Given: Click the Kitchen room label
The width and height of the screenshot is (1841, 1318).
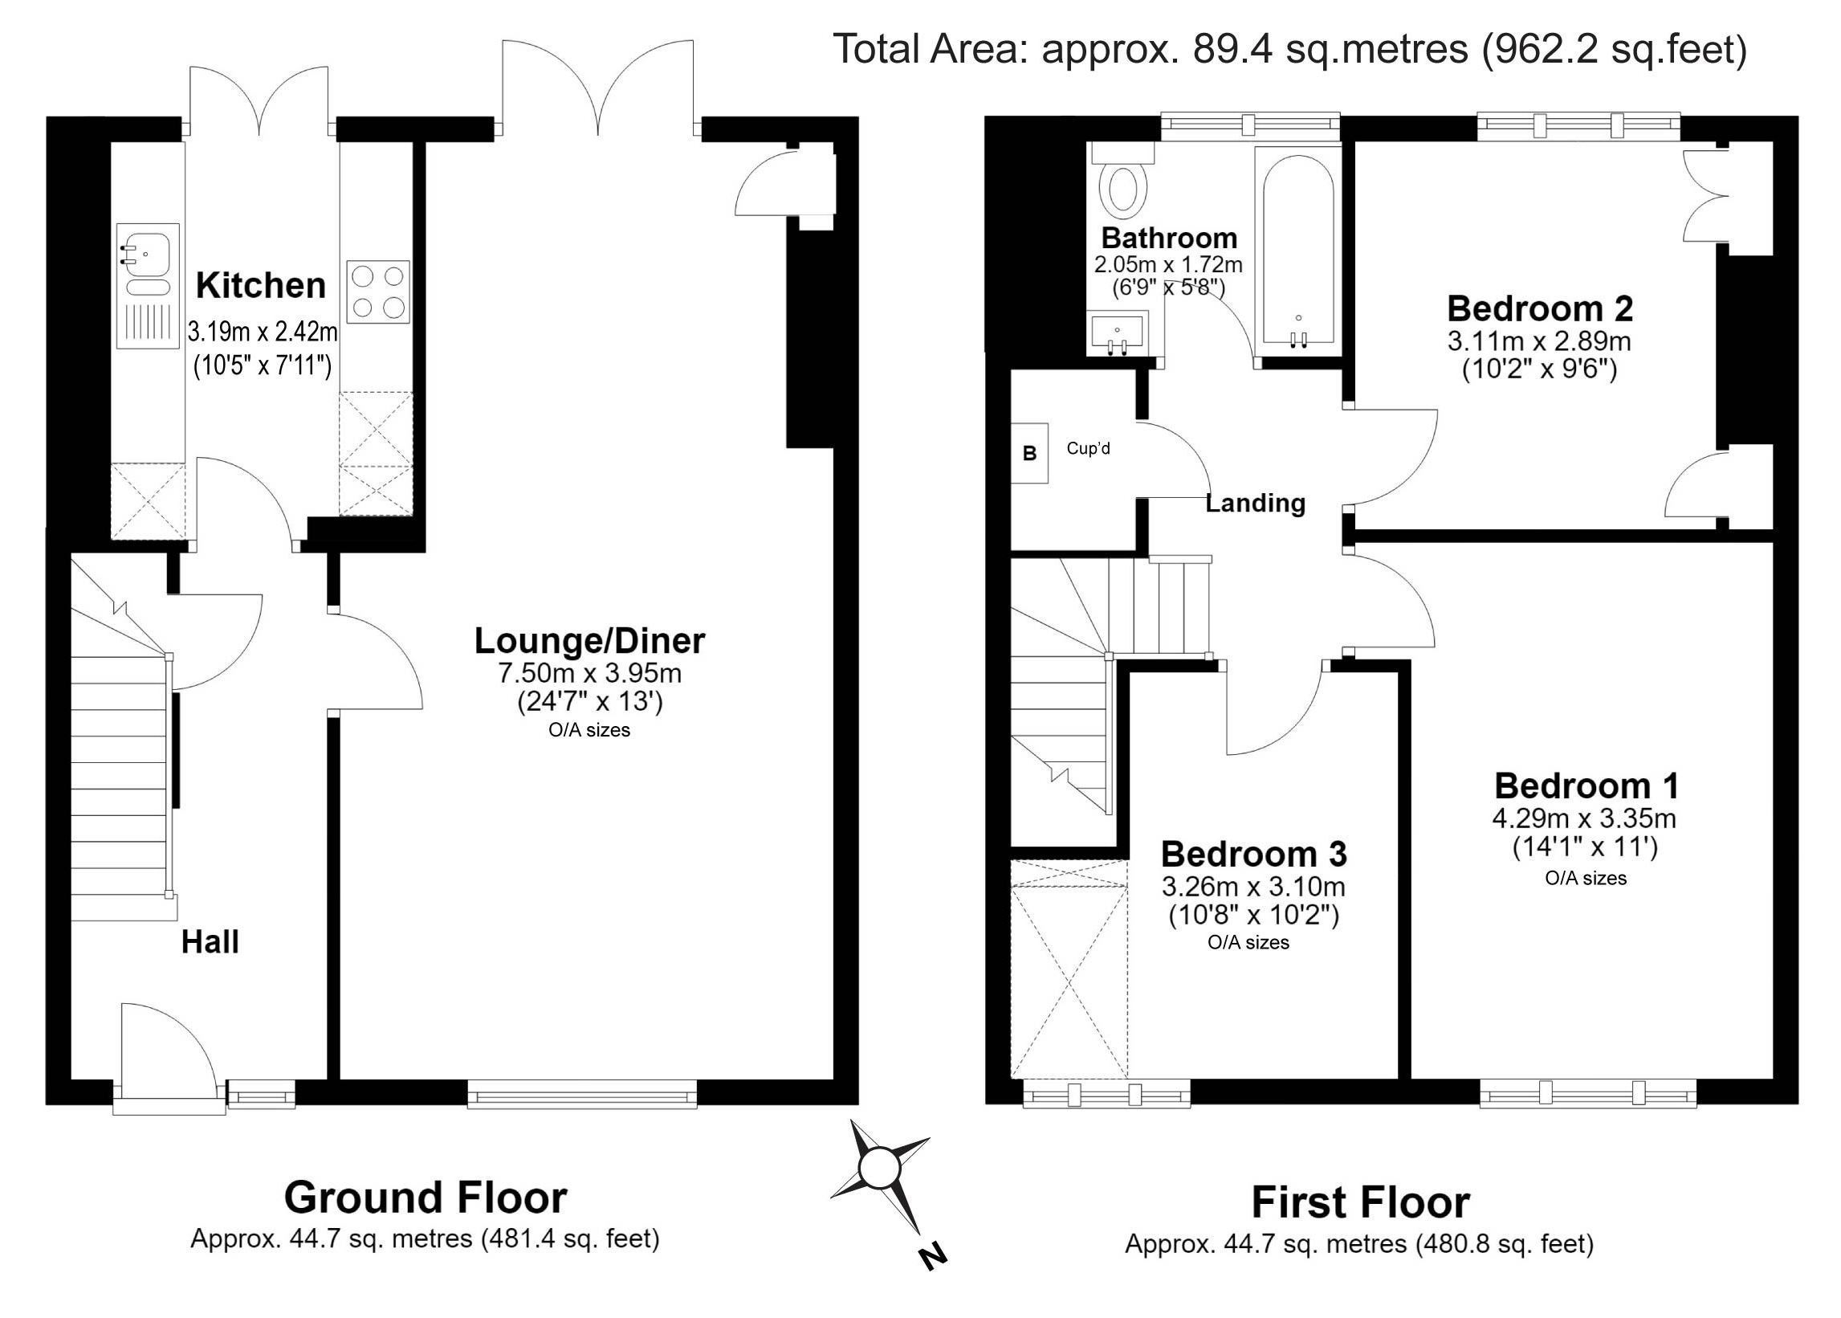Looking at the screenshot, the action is click(x=260, y=286).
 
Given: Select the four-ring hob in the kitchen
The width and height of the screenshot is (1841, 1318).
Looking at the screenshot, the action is click(x=377, y=292).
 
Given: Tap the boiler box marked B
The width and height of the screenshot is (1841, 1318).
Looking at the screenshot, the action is click(x=1029, y=453).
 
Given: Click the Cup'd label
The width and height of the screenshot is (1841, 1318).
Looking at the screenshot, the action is click(x=1088, y=448).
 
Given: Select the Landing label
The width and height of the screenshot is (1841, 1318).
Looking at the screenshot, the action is click(x=1255, y=503).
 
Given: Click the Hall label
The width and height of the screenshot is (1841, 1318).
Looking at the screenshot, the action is click(x=210, y=942).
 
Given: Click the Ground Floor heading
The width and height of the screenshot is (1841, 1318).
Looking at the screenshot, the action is click(x=426, y=1197).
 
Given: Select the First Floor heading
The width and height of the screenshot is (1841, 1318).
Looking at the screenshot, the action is click(x=1361, y=1202).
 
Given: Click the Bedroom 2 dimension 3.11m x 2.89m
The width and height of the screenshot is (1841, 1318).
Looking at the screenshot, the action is click(x=1539, y=341).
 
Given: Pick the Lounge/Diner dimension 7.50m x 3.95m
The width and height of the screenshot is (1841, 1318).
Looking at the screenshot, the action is click(x=590, y=673).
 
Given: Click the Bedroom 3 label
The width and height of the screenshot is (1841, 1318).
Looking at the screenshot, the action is click(x=1253, y=855).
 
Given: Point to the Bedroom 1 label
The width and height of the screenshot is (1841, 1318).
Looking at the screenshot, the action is click(x=1586, y=785).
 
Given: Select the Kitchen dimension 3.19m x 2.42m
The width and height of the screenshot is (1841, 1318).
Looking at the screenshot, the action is click(x=262, y=332).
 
